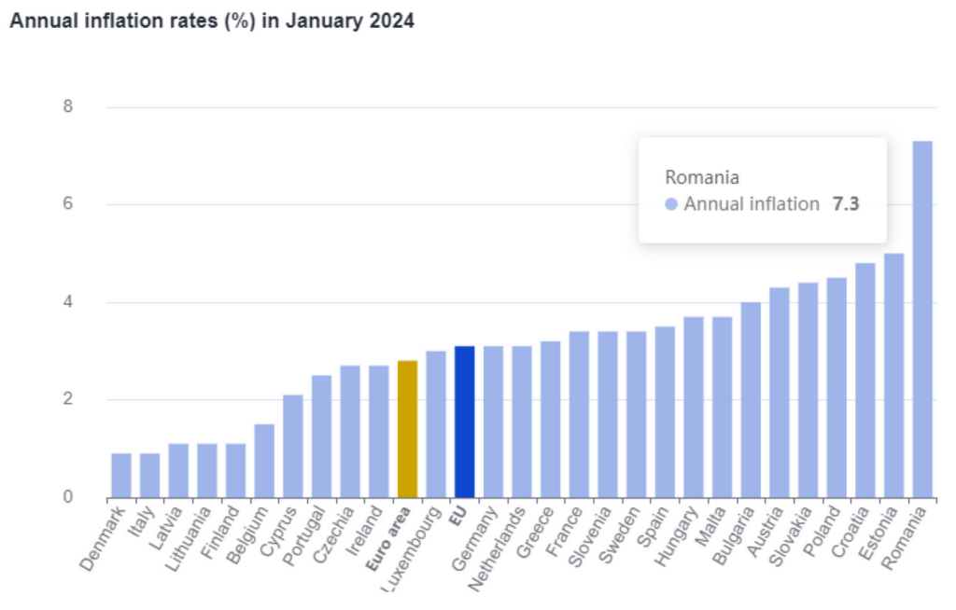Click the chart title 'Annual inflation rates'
(211, 21)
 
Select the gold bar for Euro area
(407, 429)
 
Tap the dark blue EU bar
(464, 422)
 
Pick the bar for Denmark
(121, 476)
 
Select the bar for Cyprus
(293, 446)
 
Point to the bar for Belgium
(264, 461)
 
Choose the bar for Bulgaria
(751, 399)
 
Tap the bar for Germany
(493, 422)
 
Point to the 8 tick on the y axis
(68, 106)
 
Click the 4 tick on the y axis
(68, 302)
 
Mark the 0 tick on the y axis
(68, 497)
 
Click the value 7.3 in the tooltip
(845, 204)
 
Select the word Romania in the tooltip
(702, 176)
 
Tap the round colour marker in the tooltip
(671, 204)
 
